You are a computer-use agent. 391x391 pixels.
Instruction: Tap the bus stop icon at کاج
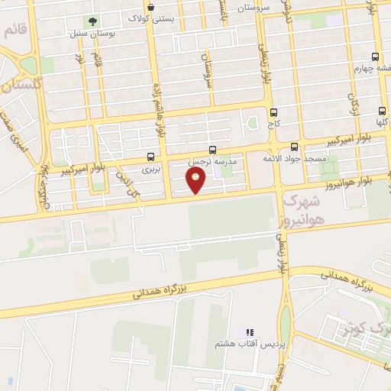pyautogui.click(x=273, y=111)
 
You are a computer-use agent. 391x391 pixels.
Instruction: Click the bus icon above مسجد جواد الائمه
pyautogui.click(x=295, y=147)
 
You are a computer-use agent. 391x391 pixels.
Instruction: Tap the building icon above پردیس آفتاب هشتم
pyautogui.click(x=248, y=333)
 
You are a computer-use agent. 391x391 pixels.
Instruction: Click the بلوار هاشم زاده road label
pyautogui.click(x=162, y=107)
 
